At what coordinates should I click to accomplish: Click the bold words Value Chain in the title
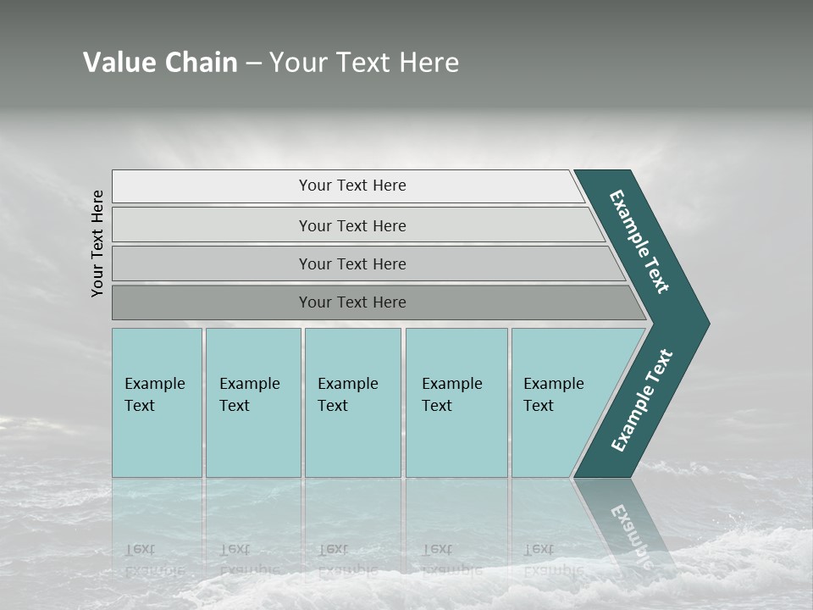click(x=160, y=63)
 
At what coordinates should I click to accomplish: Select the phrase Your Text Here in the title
click(x=364, y=63)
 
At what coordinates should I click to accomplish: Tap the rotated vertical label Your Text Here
click(x=97, y=243)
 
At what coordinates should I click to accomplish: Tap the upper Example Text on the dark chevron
click(x=639, y=241)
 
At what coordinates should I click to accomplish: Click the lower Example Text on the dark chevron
click(x=641, y=401)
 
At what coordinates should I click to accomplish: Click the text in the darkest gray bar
click(x=352, y=302)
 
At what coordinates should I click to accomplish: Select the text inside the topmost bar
click(x=352, y=186)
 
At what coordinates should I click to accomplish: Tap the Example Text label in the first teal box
click(x=154, y=395)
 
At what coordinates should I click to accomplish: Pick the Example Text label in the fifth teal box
click(x=553, y=395)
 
